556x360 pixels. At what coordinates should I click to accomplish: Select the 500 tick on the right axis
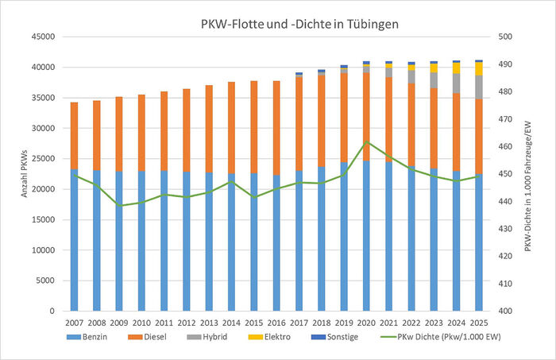tap(505, 37)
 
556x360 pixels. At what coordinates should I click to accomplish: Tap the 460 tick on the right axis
tap(505, 147)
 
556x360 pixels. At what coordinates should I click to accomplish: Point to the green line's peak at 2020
tap(366, 142)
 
